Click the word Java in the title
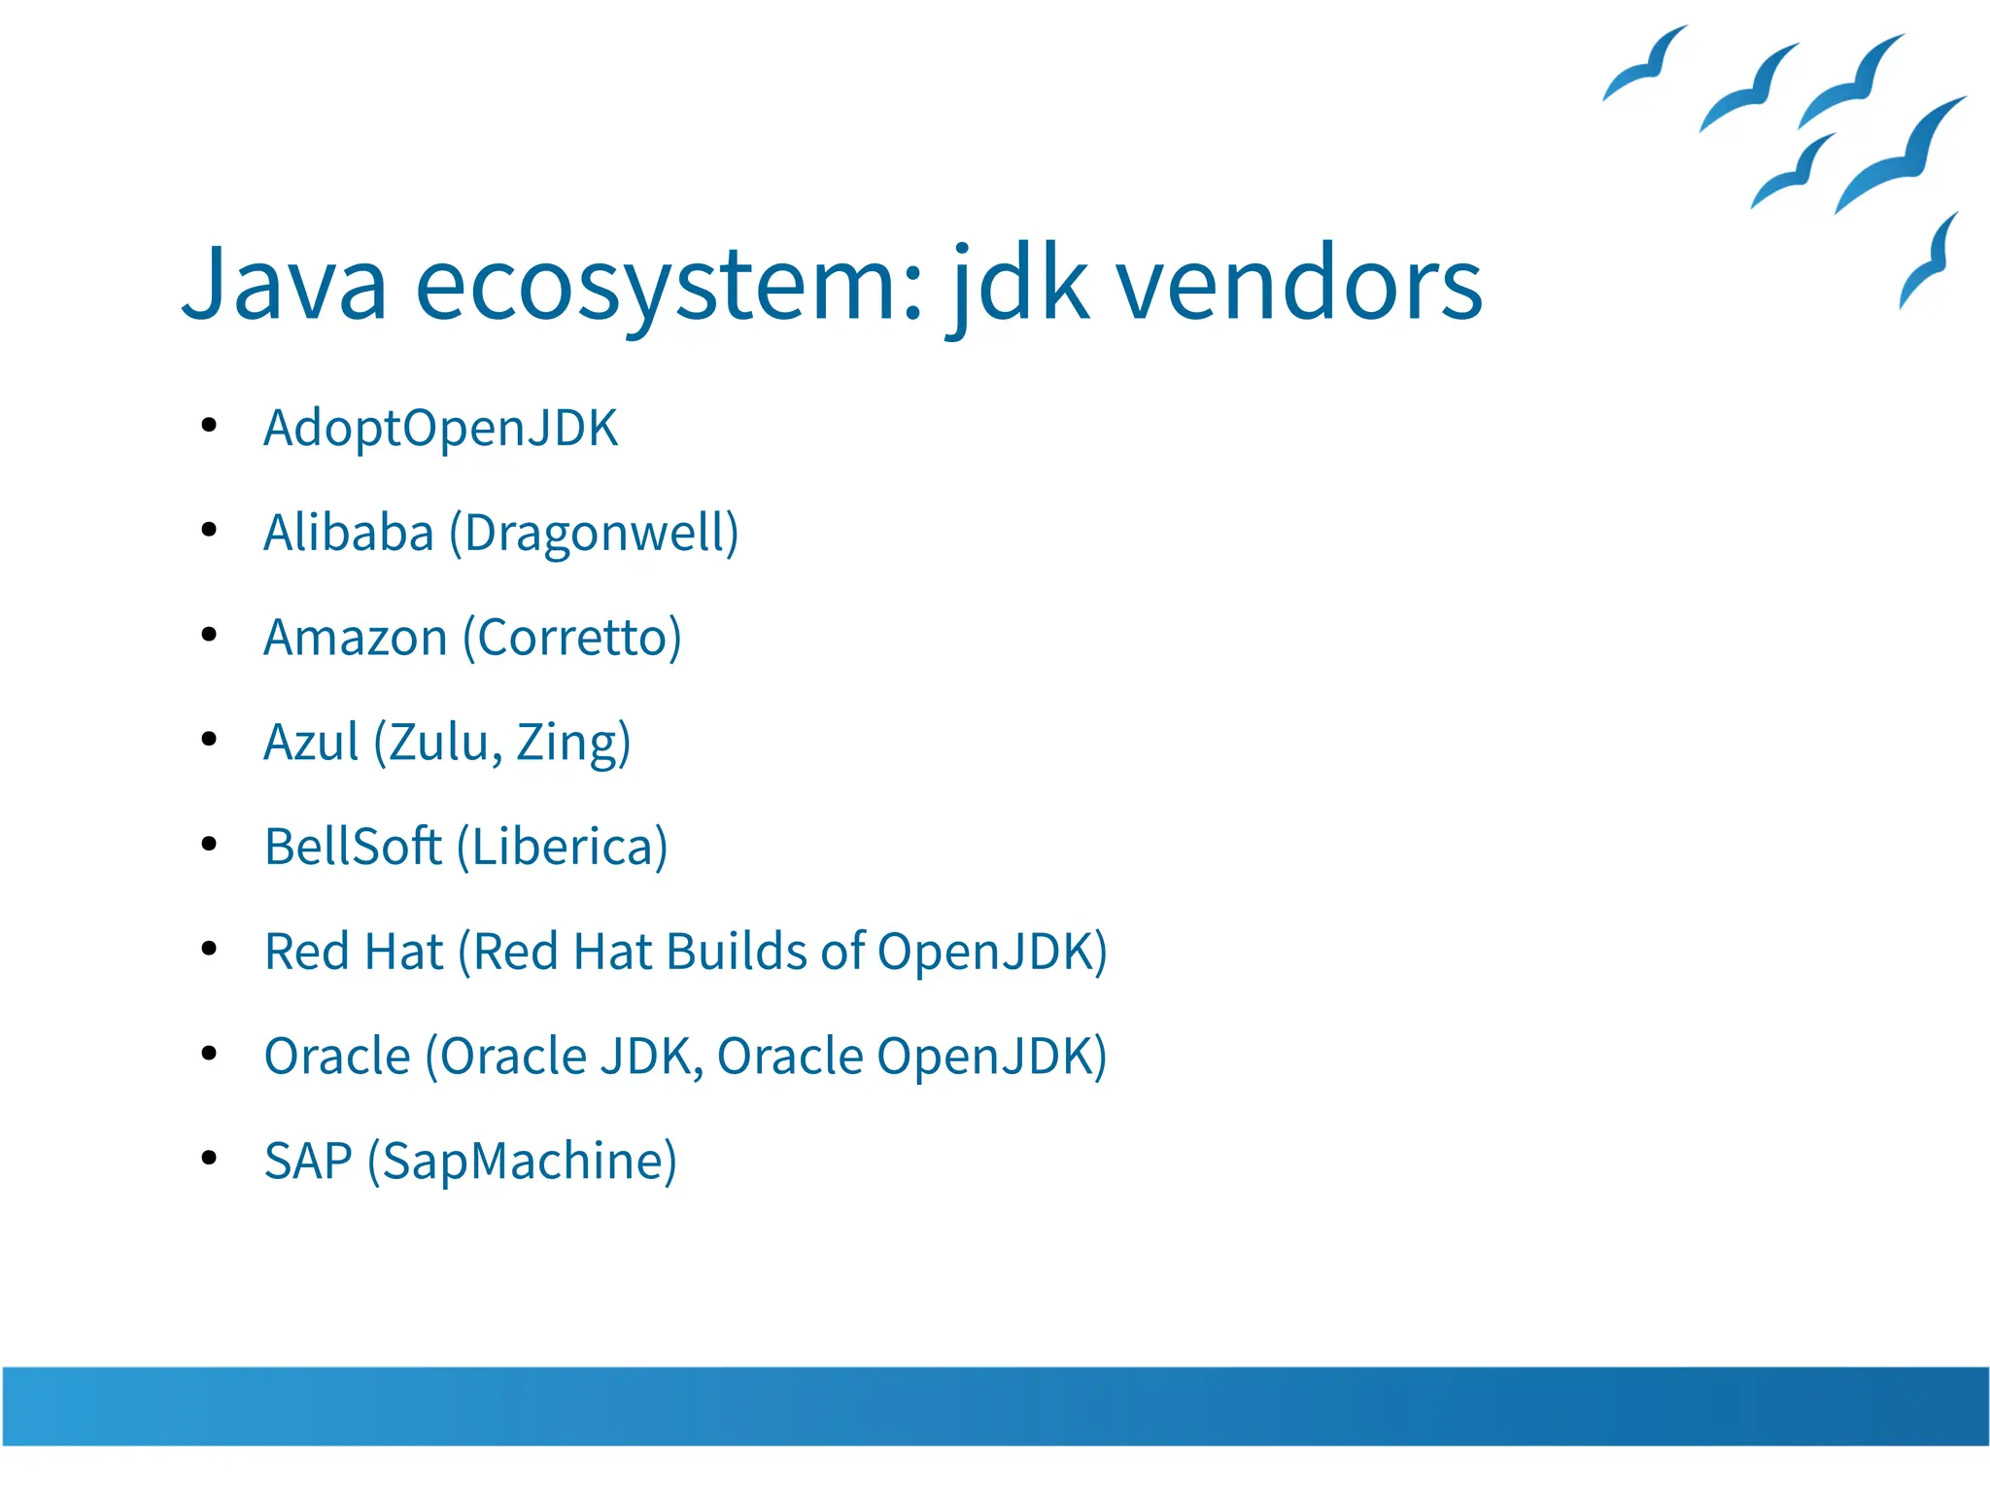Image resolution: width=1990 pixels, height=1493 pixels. pos(284,284)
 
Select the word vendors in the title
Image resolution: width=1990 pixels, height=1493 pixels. pos(1298,284)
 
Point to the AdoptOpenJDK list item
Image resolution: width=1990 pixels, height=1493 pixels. pos(440,429)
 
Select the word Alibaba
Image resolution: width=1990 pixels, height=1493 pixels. pos(348,533)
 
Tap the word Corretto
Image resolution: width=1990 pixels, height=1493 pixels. pos(572,639)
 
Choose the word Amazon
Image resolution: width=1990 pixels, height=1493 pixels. pos(355,639)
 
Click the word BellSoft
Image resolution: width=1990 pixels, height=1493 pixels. pos(352,847)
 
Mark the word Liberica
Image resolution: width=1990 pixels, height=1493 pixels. pos(563,847)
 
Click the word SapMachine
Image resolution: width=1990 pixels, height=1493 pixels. pos(522,1162)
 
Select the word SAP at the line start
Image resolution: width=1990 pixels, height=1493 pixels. pos(307,1162)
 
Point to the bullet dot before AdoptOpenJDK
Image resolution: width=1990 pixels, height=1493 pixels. pos(208,425)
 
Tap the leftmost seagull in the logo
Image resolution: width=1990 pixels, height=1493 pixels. pos(1645,64)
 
